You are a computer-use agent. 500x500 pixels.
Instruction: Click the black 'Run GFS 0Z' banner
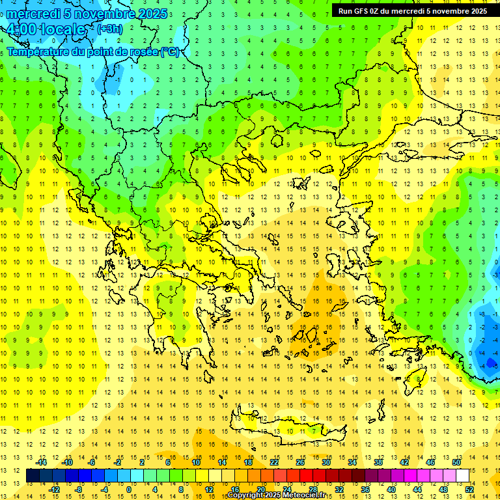pos(412,11)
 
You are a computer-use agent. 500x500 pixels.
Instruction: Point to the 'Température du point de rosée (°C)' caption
pos(92,52)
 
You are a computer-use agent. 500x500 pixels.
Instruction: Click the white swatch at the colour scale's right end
pos(463,476)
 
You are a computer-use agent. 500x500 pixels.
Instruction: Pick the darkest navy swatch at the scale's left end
pos(33,476)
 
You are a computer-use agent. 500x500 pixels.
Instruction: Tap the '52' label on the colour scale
pos(470,489)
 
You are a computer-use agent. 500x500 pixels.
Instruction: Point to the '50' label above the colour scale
pos(456,462)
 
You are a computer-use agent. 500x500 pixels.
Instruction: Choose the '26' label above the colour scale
pos(300,462)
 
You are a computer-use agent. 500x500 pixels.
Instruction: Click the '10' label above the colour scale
pos(196,462)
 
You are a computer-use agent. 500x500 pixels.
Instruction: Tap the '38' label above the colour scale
pos(378,462)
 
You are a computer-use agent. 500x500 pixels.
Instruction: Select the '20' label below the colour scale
pos(261,489)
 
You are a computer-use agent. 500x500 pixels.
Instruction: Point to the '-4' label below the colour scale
pos(104,489)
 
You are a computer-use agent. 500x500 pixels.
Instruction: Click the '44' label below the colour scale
pos(417,489)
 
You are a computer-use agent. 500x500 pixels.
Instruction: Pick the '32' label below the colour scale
pos(339,489)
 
